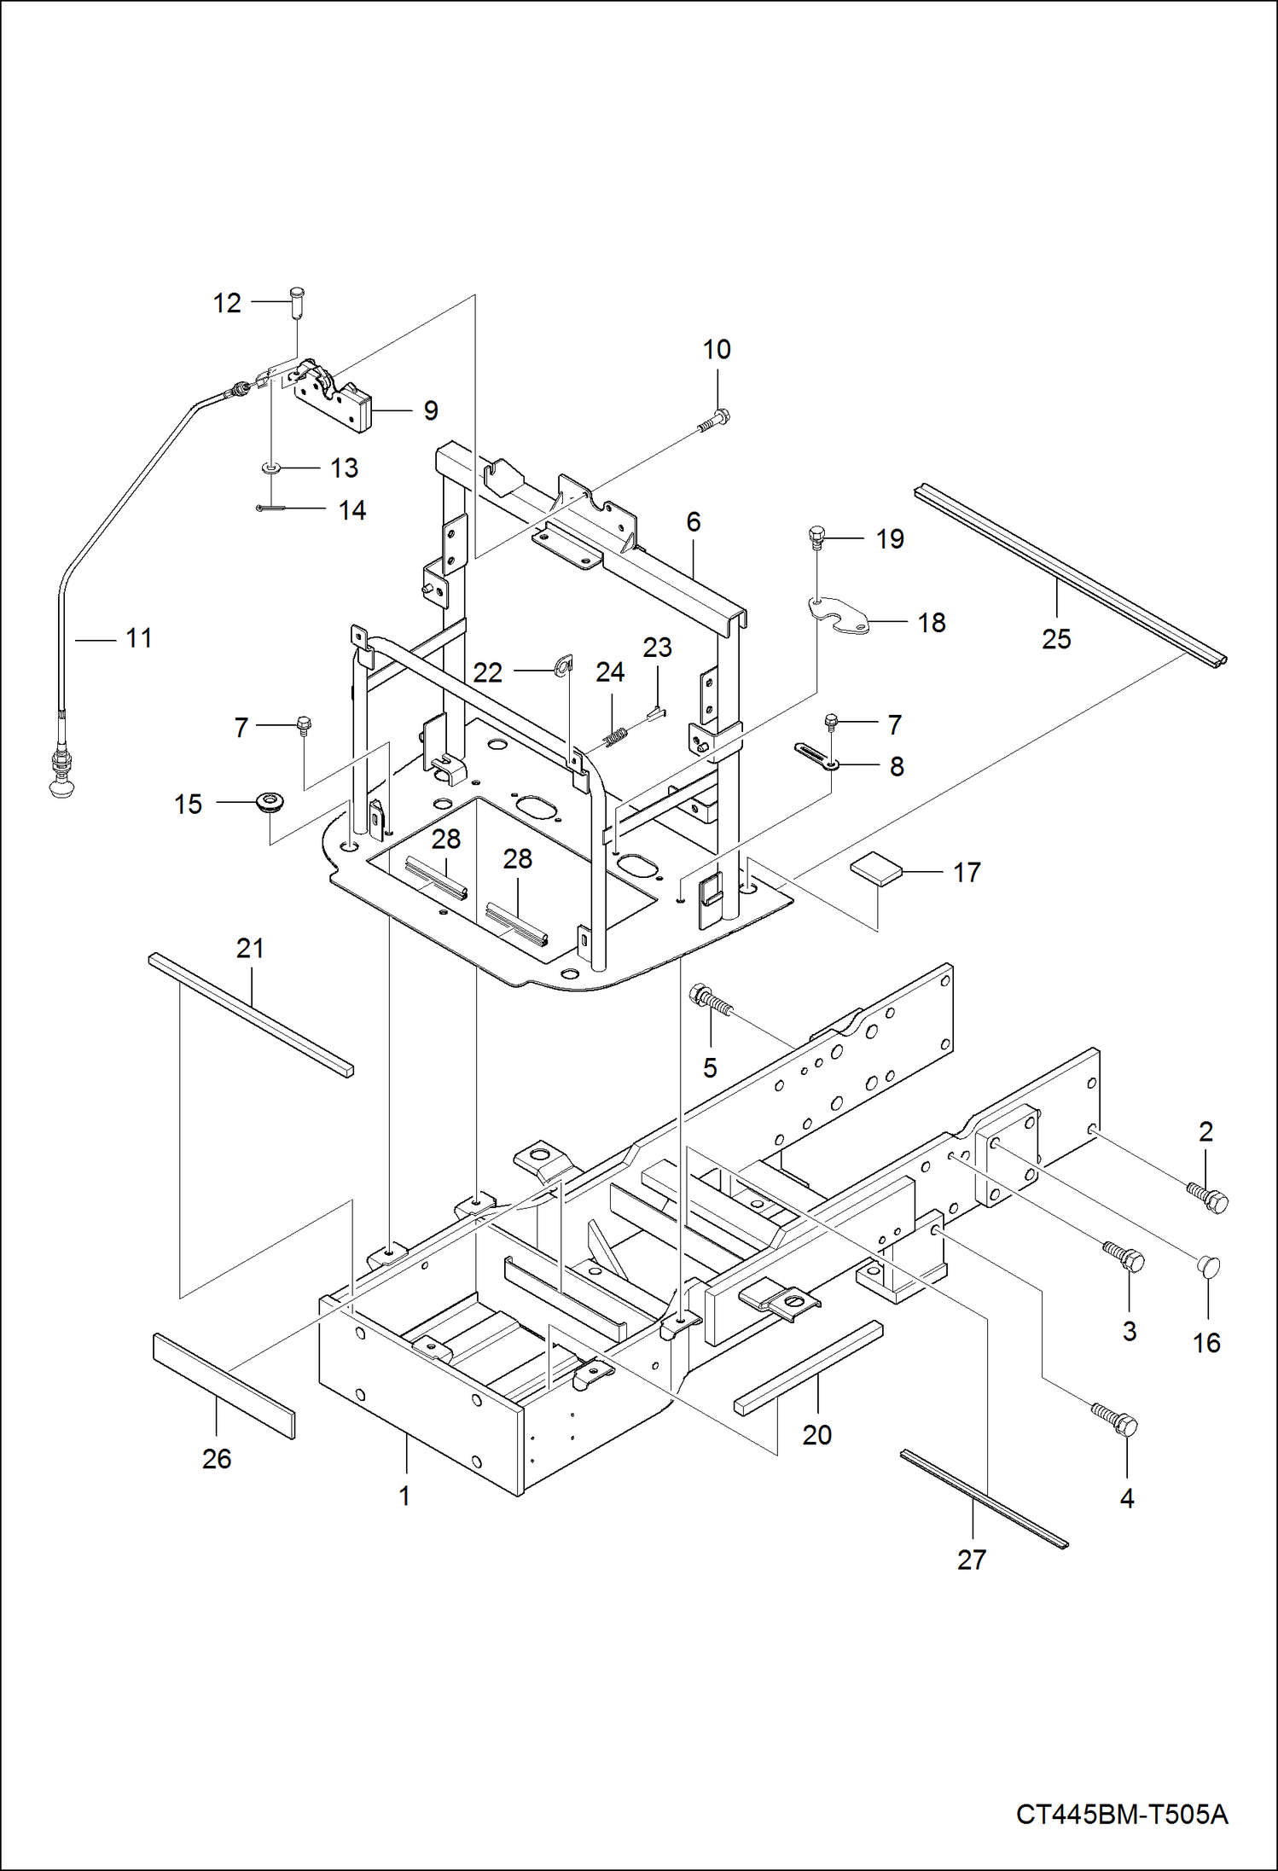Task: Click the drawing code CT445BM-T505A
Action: click(1121, 1814)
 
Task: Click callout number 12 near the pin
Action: click(227, 303)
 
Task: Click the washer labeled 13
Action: click(270, 468)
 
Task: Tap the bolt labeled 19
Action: click(816, 537)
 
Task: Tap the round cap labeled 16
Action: click(1209, 1265)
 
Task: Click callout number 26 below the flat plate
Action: click(217, 1458)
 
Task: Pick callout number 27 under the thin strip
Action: click(971, 1560)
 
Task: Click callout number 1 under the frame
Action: click(404, 1496)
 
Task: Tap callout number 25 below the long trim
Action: click(1056, 638)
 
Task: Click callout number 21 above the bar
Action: click(250, 948)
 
